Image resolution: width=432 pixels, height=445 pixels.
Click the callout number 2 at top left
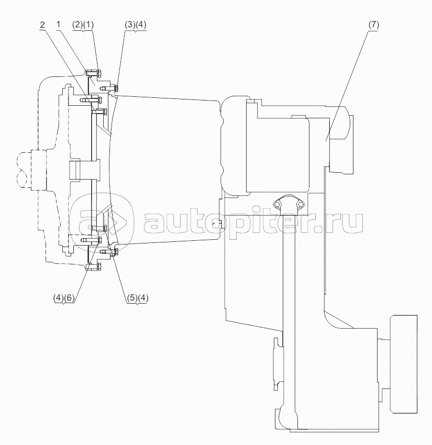coord(42,25)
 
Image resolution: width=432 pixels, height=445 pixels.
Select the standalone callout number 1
coord(58,25)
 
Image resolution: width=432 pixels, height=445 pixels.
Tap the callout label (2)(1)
coord(83,25)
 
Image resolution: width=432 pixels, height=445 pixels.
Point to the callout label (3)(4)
coord(136,25)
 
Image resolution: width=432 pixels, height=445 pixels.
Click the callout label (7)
coord(373,25)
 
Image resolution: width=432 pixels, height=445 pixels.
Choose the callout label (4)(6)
coord(64,298)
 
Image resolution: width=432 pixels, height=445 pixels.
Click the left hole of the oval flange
coord(277,204)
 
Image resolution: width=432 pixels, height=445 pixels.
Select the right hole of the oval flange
coord(301,204)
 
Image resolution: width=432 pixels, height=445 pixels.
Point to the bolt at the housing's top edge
coord(94,73)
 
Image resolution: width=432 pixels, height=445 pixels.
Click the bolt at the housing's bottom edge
coord(94,267)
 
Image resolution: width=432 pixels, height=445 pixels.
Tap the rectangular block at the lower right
coord(404,364)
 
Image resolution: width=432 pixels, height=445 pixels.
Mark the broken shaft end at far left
coord(24,170)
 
